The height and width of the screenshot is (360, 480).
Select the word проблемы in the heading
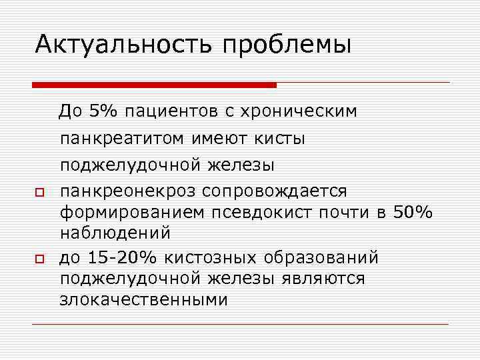pyautogui.click(x=287, y=45)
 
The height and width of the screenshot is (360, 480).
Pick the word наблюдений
pyautogui.click(x=115, y=234)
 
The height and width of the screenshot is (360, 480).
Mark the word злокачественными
pyautogui.click(x=143, y=299)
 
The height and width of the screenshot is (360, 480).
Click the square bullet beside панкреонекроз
pyautogui.click(x=40, y=193)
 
